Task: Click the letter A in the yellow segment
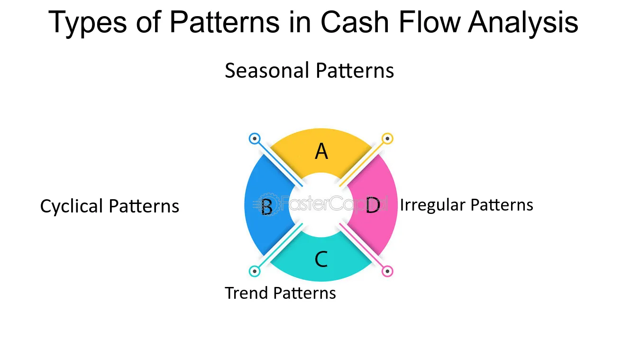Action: [321, 152]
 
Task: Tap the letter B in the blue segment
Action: [267, 207]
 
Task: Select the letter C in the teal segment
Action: [321, 259]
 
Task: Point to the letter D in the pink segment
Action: [373, 206]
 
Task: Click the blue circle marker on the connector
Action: [255, 139]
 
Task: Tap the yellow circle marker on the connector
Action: [387, 139]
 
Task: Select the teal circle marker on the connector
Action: [255, 271]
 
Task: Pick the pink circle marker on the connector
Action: [387, 271]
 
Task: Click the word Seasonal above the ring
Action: [267, 71]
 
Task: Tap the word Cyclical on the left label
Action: [72, 206]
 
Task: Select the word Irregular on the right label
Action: [432, 205]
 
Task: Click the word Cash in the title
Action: [353, 22]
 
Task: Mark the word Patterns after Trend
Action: [307, 293]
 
